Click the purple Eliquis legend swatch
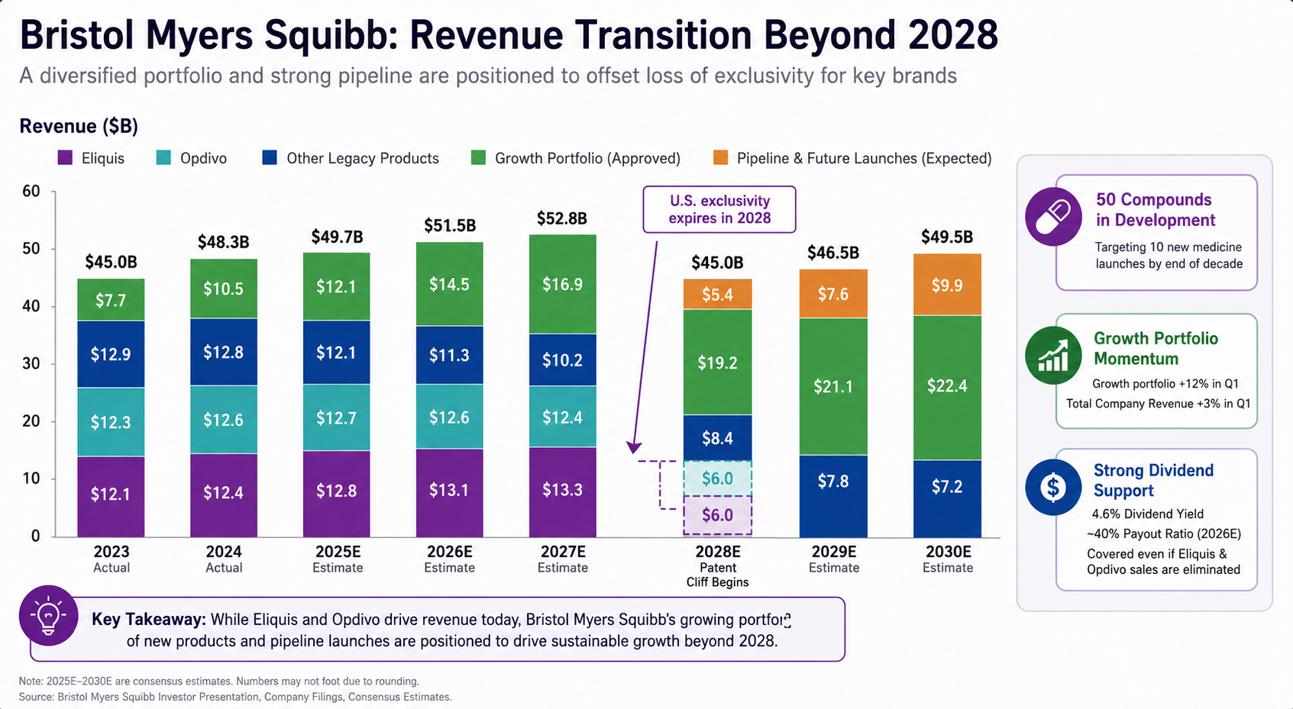tap(65, 158)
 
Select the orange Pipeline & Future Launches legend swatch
tap(720, 157)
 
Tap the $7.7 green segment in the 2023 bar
tap(111, 300)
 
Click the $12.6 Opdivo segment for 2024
tap(223, 420)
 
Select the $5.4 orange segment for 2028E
tap(717, 295)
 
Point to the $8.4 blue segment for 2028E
tap(717, 438)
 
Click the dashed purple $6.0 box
tap(717, 514)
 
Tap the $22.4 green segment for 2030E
tap(947, 387)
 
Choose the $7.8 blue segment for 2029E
tap(833, 496)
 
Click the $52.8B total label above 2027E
tap(562, 218)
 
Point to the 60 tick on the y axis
tap(31, 191)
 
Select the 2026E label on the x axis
tap(450, 552)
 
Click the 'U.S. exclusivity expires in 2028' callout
tap(719, 209)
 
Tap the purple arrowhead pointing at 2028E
tap(634, 447)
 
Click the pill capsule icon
tap(1053, 217)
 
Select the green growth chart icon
tap(1053, 356)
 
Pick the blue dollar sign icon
tap(1053, 487)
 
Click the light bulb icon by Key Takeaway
tap(48, 616)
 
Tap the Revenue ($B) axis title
tap(79, 126)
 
